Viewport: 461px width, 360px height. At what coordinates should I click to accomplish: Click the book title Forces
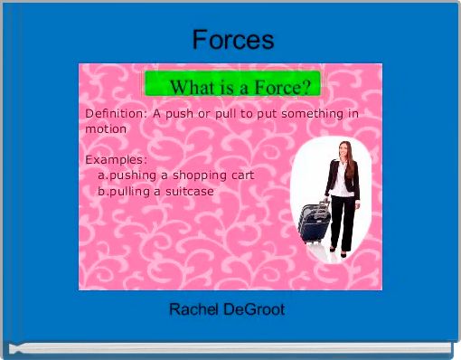point(232,40)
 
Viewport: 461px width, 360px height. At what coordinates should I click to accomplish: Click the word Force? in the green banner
point(279,88)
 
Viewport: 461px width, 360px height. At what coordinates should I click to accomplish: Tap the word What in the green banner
point(193,88)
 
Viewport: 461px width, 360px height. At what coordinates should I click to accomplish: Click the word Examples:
point(116,160)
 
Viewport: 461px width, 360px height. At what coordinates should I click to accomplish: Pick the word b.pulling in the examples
point(124,191)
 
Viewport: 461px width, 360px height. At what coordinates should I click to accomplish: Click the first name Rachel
point(193,310)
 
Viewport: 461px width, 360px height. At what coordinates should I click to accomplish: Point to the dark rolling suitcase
point(315,223)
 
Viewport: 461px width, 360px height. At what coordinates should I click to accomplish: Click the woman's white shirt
point(341,178)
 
